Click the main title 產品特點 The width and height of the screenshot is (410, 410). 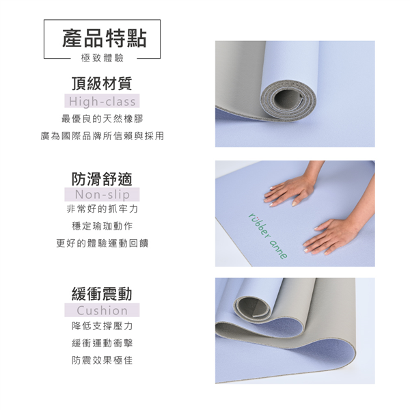[x=105, y=38]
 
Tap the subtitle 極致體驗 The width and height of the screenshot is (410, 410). [x=102, y=58]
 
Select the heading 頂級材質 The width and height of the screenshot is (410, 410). [x=102, y=83]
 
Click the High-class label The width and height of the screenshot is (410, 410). [x=102, y=101]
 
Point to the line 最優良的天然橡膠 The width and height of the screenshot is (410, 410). [x=102, y=119]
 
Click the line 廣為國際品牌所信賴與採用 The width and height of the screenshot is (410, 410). [x=102, y=136]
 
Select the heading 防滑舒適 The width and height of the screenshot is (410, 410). [x=102, y=179]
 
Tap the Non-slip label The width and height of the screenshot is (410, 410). [x=102, y=195]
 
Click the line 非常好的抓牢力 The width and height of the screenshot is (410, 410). [x=102, y=209]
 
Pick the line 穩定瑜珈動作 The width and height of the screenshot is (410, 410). [x=102, y=226]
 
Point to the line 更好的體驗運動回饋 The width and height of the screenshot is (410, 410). [x=102, y=243]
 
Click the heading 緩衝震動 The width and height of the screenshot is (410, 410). [x=102, y=294]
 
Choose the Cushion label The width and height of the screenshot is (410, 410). [x=102, y=310]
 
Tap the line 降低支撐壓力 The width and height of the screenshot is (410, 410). [x=102, y=326]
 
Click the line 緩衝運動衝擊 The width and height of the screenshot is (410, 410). [x=102, y=343]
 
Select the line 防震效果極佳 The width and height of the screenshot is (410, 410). [x=102, y=360]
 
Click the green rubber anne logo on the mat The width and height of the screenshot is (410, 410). [x=267, y=236]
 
